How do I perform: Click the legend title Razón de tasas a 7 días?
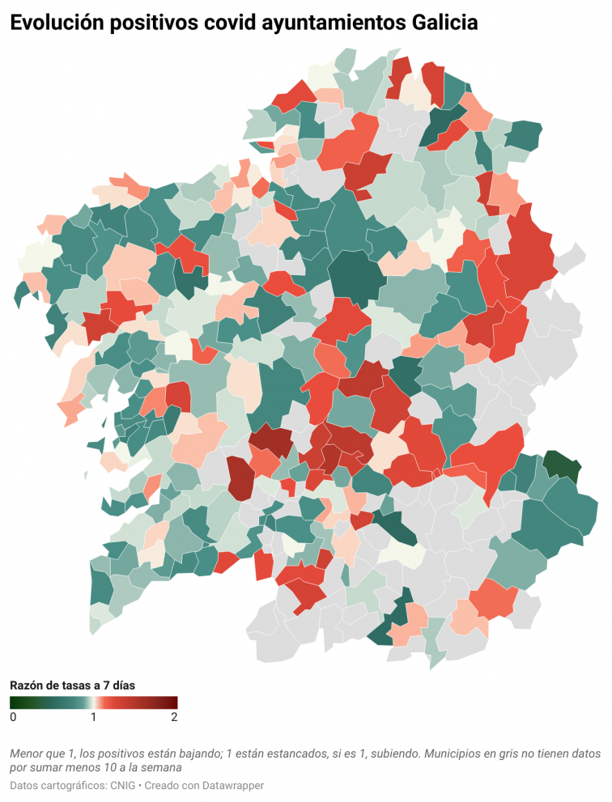pos(72,685)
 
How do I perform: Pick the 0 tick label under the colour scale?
pos(13,717)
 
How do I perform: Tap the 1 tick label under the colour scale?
pos(93,717)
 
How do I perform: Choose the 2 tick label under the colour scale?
pos(173,717)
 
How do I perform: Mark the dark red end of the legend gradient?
pos(172,702)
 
